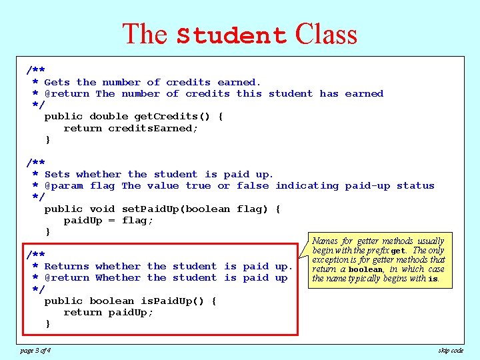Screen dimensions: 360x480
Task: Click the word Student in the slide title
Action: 231,35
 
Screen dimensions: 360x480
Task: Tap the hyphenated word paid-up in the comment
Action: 367,186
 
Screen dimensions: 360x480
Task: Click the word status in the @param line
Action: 415,186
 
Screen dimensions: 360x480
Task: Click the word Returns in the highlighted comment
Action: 67,266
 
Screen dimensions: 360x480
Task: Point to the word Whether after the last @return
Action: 118,277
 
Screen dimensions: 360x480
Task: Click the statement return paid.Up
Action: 108,312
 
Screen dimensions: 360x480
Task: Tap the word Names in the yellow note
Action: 325,241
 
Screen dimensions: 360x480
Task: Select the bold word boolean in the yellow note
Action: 365,269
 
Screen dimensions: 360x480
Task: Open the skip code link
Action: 451,350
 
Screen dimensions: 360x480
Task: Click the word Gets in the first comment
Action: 57,82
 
